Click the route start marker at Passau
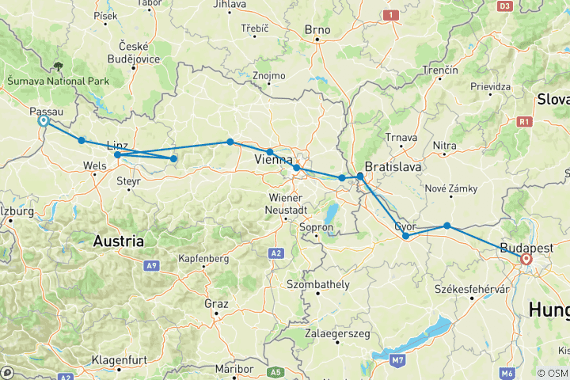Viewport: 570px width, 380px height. tap(44, 121)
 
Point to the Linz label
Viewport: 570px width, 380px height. tap(116, 146)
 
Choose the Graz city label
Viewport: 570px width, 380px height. tap(215, 304)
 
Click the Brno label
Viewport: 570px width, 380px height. tap(317, 31)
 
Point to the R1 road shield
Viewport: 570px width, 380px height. tap(523, 122)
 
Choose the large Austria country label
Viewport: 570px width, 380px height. tap(119, 240)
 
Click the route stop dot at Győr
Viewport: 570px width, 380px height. tap(405, 236)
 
